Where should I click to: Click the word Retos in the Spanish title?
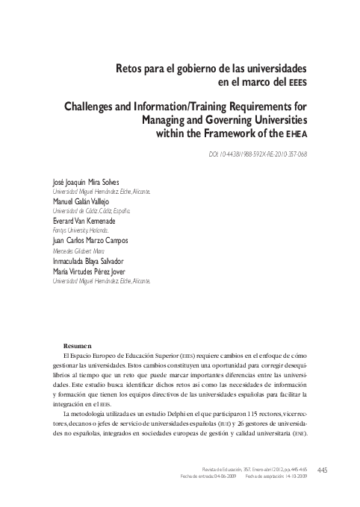(128, 69)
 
